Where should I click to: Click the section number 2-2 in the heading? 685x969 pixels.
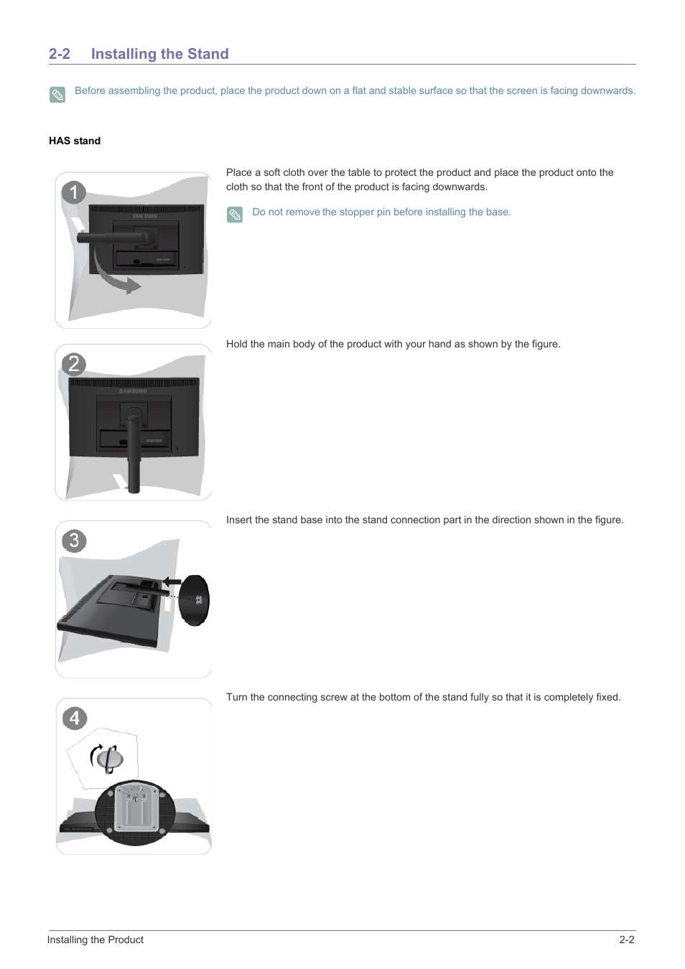tap(60, 54)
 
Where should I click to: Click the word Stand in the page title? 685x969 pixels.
tap(208, 54)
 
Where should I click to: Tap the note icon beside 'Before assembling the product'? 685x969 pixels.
tap(57, 95)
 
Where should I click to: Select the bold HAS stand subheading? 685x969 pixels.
tap(75, 141)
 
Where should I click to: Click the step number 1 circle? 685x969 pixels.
tap(73, 192)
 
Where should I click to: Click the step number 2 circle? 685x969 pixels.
tap(73, 364)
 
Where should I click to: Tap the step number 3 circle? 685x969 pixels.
tap(74, 540)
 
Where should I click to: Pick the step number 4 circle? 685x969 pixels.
tap(75, 718)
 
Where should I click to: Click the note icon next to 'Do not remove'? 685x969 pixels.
tap(235, 215)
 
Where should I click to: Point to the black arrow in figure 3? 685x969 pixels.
tap(172, 581)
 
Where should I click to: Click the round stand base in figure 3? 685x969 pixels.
tap(194, 600)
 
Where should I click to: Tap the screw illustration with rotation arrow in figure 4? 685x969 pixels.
tap(108, 758)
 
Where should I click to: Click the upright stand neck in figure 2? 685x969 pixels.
tap(134, 452)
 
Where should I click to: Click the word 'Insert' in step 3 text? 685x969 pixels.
tap(239, 520)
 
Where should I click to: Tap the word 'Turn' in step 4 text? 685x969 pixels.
tap(237, 697)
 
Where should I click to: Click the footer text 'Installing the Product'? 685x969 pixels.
tap(95, 940)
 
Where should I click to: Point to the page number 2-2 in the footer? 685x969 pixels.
tap(626, 940)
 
